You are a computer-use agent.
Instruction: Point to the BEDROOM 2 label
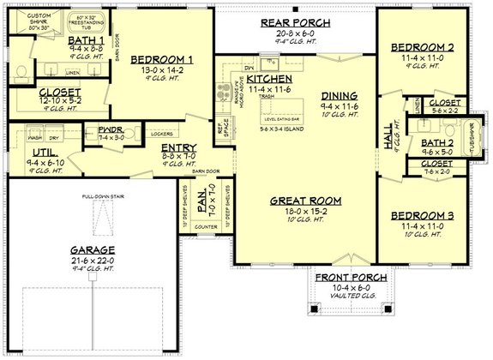pos(421,47)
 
